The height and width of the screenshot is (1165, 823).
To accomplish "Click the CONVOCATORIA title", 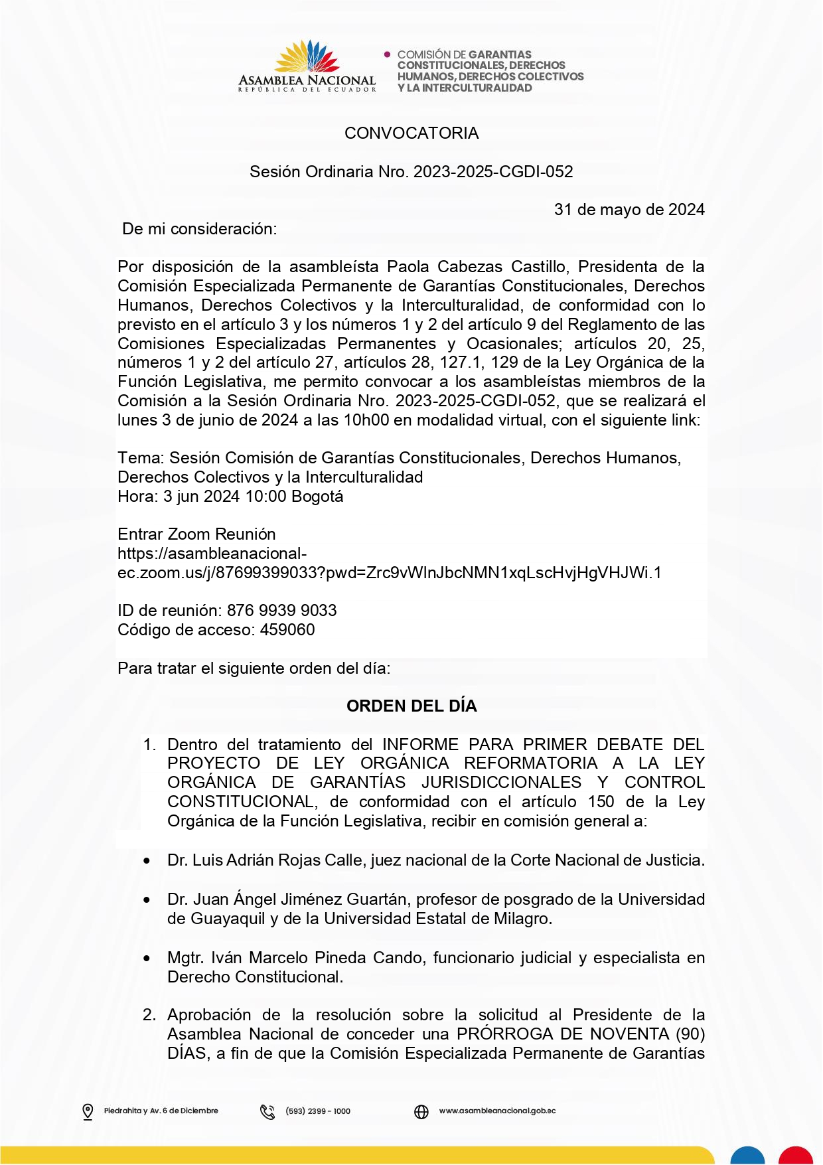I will (x=411, y=133).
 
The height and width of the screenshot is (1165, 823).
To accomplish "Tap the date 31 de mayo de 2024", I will (x=629, y=210).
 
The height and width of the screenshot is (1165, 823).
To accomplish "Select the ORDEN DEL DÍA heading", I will (x=411, y=706).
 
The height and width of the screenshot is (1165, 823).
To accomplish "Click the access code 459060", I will (x=287, y=630).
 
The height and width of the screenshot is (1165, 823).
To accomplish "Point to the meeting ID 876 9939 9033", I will (x=281, y=611).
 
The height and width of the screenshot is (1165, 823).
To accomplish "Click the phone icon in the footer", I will (x=267, y=1112).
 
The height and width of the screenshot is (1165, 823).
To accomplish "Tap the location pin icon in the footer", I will (x=88, y=1112).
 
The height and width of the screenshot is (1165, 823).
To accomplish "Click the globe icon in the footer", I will (x=421, y=1112).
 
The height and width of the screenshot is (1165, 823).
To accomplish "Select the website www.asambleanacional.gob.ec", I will (x=497, y=1111).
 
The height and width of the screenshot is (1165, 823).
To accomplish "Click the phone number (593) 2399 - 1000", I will (x=317, y=1111).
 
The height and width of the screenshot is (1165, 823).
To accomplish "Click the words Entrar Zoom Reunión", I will (x=196, y=534).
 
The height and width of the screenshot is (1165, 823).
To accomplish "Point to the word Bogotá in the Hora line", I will (x=317, y=497).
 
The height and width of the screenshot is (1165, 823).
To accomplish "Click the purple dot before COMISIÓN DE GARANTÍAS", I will (x=388, y=54).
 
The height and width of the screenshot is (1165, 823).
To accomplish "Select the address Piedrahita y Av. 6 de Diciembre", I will (x=161, y=1111).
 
